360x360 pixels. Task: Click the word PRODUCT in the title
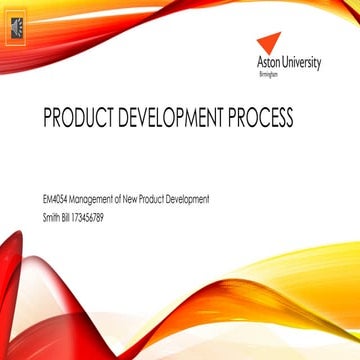pos(76,119)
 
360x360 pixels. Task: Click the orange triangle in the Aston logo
pos(269,43)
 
